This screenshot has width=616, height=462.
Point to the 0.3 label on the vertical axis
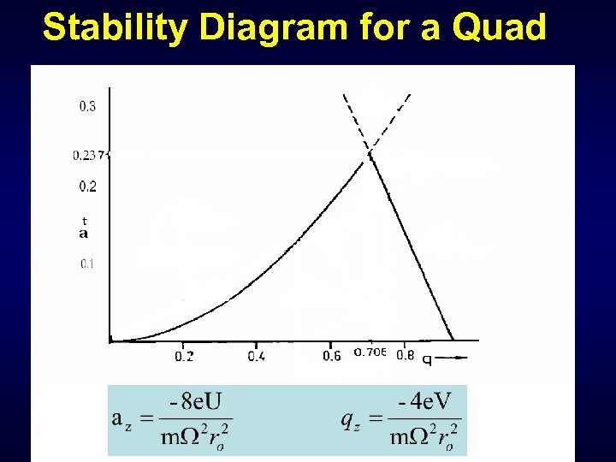point(87,107)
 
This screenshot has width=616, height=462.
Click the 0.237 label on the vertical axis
point(89,156)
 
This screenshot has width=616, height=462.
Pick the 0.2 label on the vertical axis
point(87,187)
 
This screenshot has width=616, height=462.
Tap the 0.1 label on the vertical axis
point(87,264)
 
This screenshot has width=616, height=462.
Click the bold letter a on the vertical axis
point(83,233)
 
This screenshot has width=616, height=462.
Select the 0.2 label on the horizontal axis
point(184,356)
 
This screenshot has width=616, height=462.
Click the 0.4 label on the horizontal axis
point(257,356)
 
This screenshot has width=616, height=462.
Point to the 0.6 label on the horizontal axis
point(332,356)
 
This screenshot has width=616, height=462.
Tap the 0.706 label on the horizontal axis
point(370,353)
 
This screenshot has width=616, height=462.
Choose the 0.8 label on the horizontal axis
point(406,356)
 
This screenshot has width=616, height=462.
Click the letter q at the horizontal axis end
point(426,358)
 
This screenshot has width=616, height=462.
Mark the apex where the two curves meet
point(370,153)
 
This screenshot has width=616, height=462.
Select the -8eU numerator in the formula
point(195,400)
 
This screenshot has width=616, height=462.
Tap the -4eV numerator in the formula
point(424,400)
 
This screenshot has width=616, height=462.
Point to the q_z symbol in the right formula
point(350,418)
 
